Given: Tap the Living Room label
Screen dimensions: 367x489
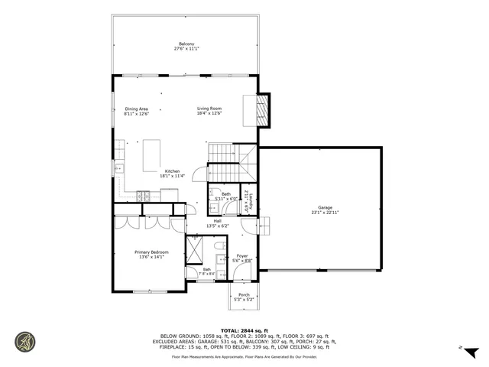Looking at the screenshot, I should click(209, 109).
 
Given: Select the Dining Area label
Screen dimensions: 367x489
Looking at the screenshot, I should click(136, 109).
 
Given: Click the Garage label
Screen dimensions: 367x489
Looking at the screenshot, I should click(325, 207).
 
